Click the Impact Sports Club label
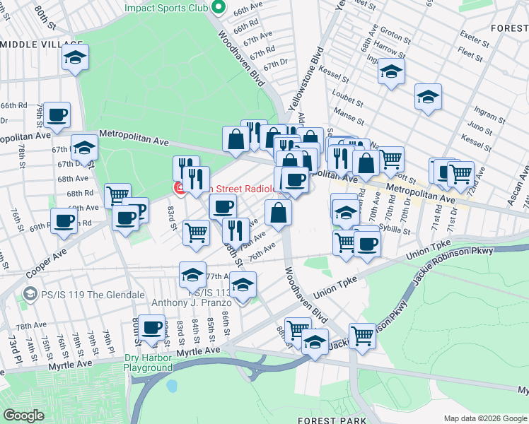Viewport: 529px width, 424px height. [166, 8]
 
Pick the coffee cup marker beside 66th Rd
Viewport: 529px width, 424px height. [57, 115]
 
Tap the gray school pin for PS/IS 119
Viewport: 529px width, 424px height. [30, 293]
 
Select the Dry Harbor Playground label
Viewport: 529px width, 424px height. [149, 363]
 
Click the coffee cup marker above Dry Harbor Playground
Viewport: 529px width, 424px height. [152, 328]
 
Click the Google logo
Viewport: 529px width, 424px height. [23, 416]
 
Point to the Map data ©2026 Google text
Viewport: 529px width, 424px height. [485, 418]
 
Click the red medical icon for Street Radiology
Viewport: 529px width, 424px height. [180, 188]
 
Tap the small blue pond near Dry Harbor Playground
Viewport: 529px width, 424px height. [171, 386]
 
